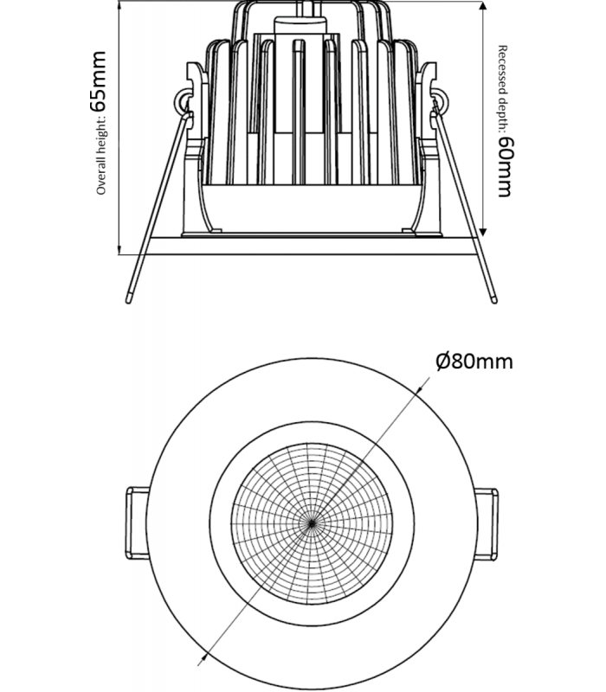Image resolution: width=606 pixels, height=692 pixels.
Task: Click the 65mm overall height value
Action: (98, 81)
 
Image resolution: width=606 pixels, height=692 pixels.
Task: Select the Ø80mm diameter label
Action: (474, 362)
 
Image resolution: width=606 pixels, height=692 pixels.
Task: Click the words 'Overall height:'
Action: (101, 156)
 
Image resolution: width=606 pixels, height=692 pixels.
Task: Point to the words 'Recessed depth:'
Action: (503, 89)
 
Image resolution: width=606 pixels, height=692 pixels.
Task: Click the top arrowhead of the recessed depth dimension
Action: (483, 6)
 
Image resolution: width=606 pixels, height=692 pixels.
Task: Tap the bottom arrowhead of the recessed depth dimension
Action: (483, 232)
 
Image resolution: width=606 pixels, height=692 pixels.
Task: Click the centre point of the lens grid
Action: (312, 523)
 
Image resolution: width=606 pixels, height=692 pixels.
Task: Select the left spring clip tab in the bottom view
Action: (137, 523)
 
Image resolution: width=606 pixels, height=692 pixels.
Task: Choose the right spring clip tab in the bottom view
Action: (486, 524)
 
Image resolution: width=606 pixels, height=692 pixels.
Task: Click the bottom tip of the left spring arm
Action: (128, 301)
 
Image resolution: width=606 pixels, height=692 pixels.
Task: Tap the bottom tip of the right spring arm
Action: (494, 301)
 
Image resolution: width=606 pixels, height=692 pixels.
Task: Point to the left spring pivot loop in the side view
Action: (183, 101)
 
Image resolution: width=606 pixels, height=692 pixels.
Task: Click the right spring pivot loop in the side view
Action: (439, 101)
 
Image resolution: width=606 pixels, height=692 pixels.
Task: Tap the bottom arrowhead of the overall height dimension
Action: (119, 250)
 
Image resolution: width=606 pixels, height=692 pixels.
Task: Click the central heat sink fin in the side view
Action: (299, 112)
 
